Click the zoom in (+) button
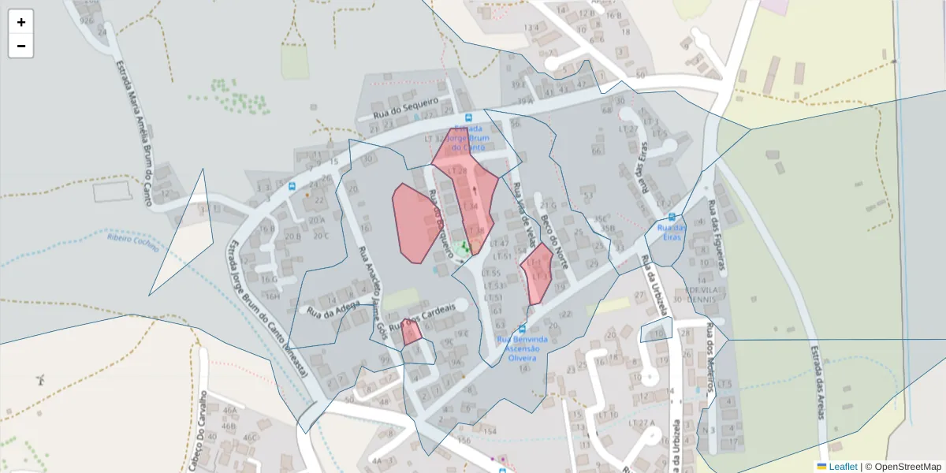[21, 22]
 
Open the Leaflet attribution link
[843, 467]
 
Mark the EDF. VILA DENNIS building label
[703, 294]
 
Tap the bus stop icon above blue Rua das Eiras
[671, 217]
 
